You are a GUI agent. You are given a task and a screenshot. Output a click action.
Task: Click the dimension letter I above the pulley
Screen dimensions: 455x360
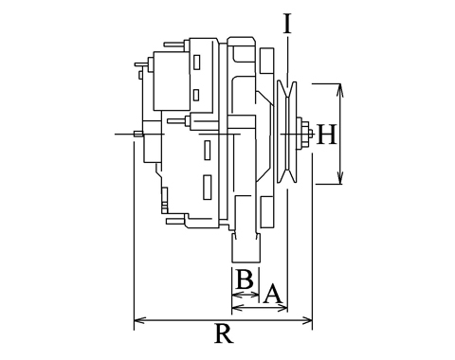point(287,24)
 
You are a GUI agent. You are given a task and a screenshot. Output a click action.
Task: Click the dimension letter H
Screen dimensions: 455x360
point(327,135)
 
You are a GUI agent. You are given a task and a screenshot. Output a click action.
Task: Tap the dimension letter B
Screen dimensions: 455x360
point(245,279)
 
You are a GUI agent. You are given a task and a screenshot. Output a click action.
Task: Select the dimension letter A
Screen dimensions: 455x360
point(272,294)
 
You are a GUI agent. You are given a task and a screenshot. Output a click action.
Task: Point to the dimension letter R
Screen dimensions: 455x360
point(224,333)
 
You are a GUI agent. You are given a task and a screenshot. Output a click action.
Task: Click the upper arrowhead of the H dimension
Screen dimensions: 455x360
point(340,90)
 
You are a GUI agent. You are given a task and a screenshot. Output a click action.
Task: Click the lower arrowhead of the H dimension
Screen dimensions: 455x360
point(340,177)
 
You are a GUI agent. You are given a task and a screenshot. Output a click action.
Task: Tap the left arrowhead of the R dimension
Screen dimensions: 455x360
point(140,320)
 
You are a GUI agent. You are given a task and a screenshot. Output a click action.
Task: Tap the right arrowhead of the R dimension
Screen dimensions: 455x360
point(306,320)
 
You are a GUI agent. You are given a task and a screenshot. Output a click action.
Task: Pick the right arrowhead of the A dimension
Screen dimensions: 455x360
point(282,307)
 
